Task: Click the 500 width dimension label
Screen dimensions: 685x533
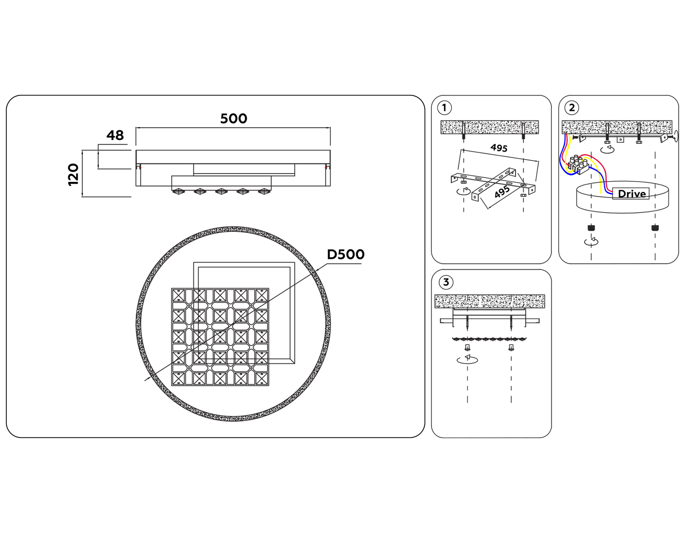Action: click(234, 119)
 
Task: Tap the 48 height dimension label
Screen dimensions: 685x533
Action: click(115, 135)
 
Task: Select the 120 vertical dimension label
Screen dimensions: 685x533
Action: click(73, 174)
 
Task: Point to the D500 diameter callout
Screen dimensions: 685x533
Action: click(346, 254)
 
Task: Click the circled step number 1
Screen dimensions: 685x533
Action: click(444, 108)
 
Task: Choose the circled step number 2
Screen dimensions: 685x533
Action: click(572, 108)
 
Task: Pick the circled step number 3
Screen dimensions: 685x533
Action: click(446, 282)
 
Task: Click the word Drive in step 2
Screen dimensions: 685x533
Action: click(632, 194)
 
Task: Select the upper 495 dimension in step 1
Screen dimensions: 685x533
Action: click(499, 148)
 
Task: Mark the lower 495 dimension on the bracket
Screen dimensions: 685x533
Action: click(502, 192)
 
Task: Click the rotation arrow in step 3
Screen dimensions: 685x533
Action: click(467, 359)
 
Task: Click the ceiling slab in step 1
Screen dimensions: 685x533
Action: click(489, 127)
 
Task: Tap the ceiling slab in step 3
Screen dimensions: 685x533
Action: click(489, 301)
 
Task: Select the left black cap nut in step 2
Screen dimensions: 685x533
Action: click(591, 228)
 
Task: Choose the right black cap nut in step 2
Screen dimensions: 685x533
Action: click(655, 228)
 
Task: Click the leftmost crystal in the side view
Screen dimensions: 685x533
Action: click(178, 191)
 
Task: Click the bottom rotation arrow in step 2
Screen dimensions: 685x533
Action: click(591, 241)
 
